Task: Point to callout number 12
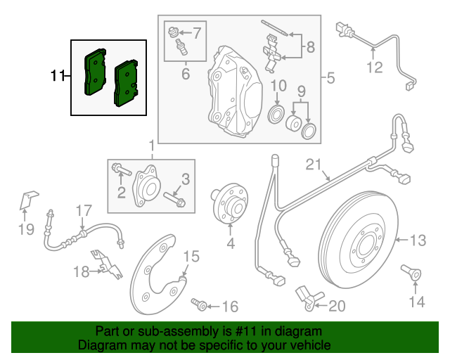374,68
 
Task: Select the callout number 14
417,302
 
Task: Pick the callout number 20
337,306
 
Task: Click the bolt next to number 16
199,304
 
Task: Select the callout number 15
192,256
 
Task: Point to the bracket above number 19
27,200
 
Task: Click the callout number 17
84,210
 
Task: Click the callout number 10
278,86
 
